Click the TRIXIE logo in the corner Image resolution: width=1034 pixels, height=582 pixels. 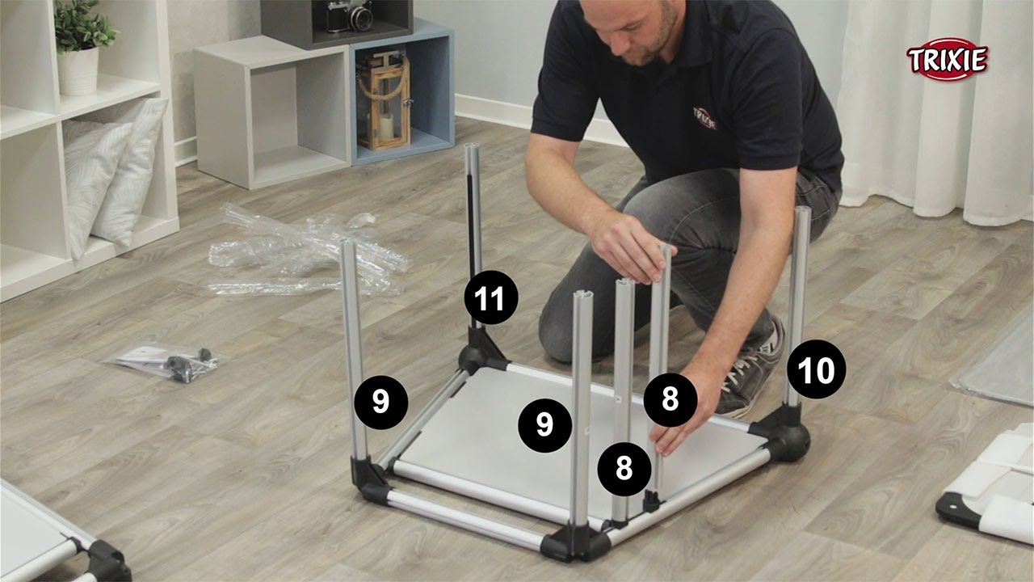[948, 60]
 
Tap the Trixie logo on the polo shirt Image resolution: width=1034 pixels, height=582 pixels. [705, 118]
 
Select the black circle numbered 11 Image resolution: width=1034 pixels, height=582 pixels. [491, 297]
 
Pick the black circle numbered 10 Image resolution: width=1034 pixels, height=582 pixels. [816, 369]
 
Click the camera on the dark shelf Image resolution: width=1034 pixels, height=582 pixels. [350, 15]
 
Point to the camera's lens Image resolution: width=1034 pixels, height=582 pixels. [361, 19]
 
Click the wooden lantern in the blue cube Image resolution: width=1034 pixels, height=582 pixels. [384, 101]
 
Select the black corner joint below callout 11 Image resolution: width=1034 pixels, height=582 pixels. [480, 352]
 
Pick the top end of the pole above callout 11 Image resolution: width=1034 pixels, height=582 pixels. [472, 147]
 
